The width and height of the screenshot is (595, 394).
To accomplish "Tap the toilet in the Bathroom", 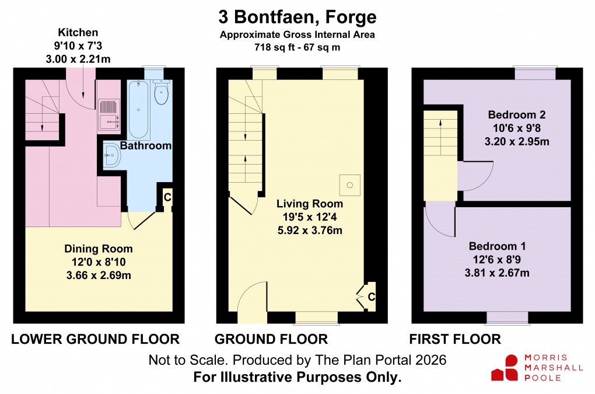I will (161, 92).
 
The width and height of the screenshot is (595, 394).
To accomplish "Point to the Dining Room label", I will (98, 249).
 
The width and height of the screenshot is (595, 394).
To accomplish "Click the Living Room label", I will (310, 204).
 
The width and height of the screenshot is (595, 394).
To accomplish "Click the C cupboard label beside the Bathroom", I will (167, 197).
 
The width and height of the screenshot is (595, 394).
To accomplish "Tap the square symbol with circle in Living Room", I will (350, 185).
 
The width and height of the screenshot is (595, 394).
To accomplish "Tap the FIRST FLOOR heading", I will (454, 339).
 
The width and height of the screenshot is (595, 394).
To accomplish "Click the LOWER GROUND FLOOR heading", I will (96, 339).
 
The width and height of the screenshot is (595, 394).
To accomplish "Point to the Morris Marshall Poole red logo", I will (504, 368).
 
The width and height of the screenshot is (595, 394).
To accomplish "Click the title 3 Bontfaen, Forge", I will (297, 16).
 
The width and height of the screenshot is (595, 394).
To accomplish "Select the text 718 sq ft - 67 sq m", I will (297, 46).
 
